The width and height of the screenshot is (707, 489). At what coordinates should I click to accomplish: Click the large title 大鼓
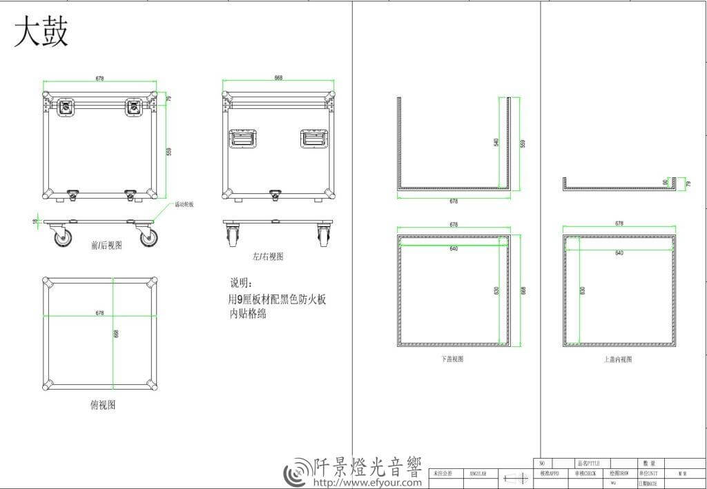(41, 32)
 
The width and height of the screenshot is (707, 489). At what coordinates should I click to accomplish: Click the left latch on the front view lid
(66, 107)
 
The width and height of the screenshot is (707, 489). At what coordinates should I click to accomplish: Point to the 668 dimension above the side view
(278, 78)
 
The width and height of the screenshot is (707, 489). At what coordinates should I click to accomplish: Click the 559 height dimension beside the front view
(169, 151)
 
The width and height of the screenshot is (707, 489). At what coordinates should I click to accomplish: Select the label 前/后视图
(106, 245)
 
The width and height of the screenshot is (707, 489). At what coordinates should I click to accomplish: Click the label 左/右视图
(268, 256)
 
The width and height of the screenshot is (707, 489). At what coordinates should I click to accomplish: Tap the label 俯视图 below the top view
(103, 405)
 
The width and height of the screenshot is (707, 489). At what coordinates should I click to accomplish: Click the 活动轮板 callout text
(185, 205)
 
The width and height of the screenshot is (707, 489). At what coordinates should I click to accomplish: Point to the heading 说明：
(242, 283)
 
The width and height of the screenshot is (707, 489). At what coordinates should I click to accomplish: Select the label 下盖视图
(452, 359)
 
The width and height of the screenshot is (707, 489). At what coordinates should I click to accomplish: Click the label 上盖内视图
(617, 359)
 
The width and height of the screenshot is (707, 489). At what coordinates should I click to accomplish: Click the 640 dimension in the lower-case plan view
(454, 248)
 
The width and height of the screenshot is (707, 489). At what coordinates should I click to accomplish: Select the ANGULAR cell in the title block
(478, 474)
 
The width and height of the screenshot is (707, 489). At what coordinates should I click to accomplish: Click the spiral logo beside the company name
(297, 473)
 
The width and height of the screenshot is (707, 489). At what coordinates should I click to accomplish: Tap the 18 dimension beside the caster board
(35, 221)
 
